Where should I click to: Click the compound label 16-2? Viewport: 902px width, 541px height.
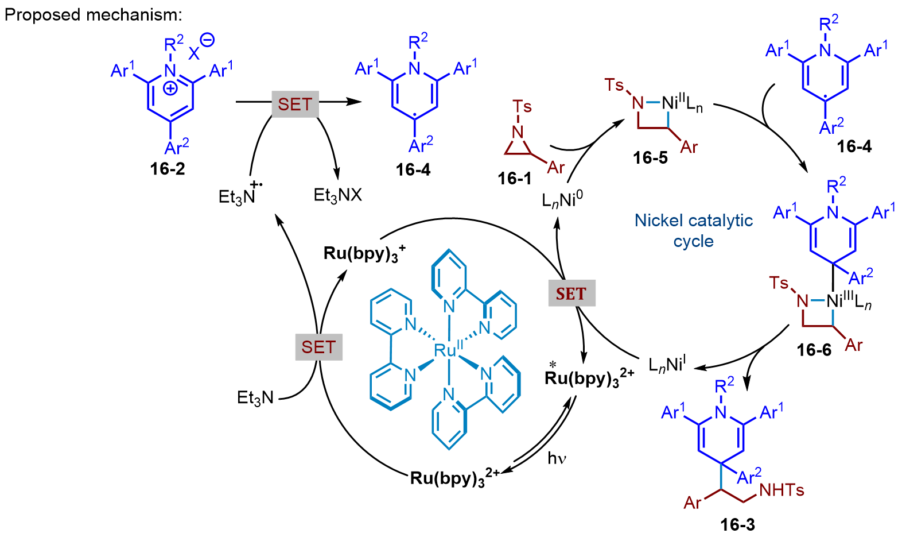[168, 169]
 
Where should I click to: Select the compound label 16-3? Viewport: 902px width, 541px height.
[738, 524]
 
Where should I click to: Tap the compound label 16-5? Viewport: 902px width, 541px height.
[650, 157]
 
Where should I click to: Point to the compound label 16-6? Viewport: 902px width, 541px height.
[814, 350]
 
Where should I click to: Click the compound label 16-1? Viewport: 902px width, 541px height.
[515, 179]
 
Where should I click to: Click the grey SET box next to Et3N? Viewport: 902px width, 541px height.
[318, 347]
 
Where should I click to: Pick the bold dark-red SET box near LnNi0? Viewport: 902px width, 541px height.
[571, 293]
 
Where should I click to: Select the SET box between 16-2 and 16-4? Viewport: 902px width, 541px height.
[295, 104]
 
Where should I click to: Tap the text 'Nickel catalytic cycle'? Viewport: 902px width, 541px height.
[693, 230]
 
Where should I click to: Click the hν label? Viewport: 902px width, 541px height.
[557, 458]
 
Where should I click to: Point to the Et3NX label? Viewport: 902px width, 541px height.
[338, 196]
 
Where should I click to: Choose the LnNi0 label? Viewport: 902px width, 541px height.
[562, 200]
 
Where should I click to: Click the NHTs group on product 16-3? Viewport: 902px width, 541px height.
[782, 490]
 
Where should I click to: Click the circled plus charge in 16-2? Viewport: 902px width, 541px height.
[170, 88]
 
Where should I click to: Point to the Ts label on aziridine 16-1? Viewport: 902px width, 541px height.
[522, 107]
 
